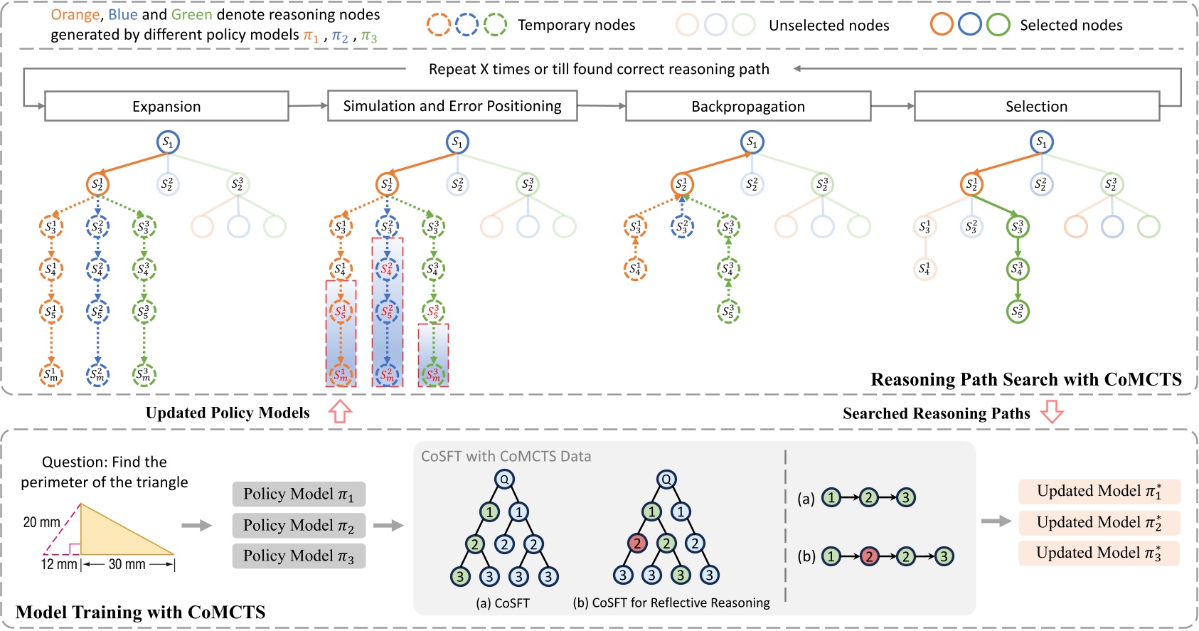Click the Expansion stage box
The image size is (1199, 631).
click(x=166, y=106)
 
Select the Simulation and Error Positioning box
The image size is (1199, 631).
click(x=452, y=106)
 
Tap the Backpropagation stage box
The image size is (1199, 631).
click(x=747, y=106)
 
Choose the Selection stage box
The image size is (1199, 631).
click(x=1036, y=106)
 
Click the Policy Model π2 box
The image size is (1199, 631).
click(x=299, y=525)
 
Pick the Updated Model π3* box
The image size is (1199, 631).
click(x=1099, y=553)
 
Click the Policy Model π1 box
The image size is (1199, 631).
click(x=299, y=494)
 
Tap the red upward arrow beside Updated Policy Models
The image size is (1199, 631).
click(x=341, y=412)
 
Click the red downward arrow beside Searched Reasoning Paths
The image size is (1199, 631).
click(x=1052, y=412)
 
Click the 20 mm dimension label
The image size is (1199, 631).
click(x=41, y=522)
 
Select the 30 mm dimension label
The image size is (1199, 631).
click(x=127, y=564)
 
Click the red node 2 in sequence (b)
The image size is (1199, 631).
click(x=868, y=556)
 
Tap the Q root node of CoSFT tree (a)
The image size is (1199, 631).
click(x=503, y=479)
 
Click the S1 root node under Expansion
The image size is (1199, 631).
click(x=168, y=142)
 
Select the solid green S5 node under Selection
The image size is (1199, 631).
click(x=1018, y=312)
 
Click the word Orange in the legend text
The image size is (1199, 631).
click(x=75, y=15)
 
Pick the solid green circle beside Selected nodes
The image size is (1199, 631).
click(x=998, y=25)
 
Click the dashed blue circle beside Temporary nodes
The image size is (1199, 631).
click(x=467, y=25)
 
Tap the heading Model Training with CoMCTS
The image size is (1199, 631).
click(x=140, y=612)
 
